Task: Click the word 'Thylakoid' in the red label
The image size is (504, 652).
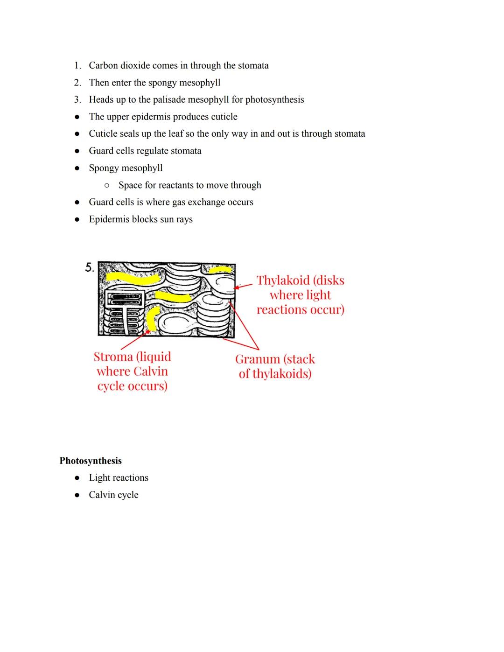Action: point(283,280)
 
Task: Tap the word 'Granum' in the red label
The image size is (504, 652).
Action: point(257,359)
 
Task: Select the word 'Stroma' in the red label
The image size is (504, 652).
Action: point(113,357)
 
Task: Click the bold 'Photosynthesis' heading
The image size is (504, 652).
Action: point(91,461)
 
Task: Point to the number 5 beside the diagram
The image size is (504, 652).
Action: point(89,267)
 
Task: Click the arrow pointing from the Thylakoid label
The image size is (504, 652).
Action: point(244,285)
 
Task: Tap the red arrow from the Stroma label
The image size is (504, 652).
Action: point(134,340)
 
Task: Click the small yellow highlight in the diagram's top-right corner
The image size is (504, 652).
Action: point(220,270)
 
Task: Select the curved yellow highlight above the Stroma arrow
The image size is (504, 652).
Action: point(152,318)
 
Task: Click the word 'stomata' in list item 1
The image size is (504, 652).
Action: point(253,65)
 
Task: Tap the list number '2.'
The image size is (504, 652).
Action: point(77,83)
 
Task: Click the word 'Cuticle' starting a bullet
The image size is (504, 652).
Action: point(103,133)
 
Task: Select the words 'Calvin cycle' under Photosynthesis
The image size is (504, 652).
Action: point(113,495)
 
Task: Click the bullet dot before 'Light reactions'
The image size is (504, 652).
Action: point(77,478)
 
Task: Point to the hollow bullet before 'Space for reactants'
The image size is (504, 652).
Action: point(107,185)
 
